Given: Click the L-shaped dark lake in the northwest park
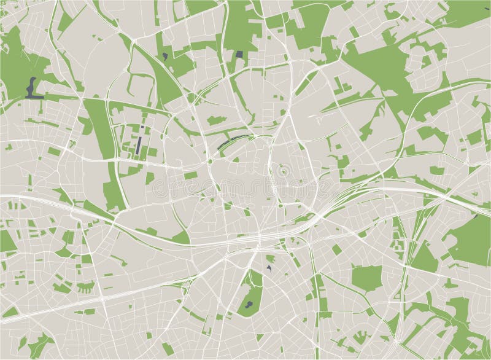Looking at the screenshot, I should (x=32, y=90).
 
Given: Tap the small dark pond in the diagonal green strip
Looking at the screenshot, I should (x=166, y=56).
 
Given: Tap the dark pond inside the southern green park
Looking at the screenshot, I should (x=248, y=303).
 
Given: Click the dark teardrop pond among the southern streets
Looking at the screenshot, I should (x=269, y=268).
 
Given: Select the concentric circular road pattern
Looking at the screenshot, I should (x=283, y=171).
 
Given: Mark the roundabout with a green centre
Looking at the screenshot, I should (x=210, y=162).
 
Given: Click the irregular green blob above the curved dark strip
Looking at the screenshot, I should (x=215, y=120).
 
